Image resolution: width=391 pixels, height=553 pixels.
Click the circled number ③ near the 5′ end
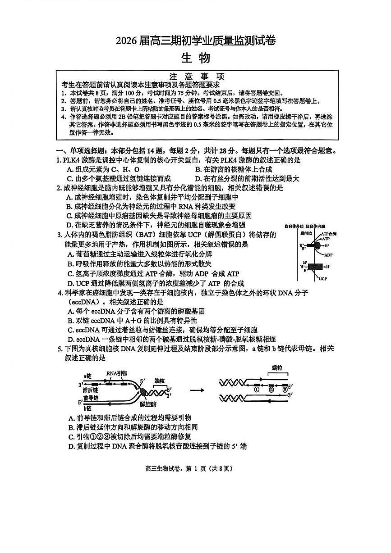point(285,390)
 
